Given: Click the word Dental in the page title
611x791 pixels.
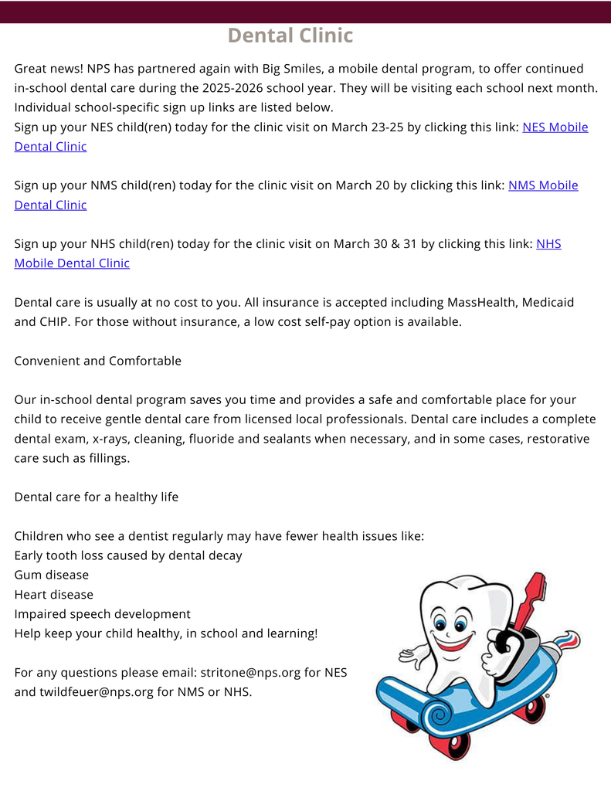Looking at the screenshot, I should [x=260, y=36].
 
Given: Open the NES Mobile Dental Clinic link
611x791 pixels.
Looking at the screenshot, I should [x=555, y=127].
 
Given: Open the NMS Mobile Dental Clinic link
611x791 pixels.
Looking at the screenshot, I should [x=542, y=185].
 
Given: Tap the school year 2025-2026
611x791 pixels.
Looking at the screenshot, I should [x=223, y=88].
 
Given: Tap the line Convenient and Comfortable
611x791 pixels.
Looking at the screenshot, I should [x=98, y=361].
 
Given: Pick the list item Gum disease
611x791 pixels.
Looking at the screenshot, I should [x=52, y=575].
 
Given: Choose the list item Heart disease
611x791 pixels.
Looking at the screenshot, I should [x=54, y=594].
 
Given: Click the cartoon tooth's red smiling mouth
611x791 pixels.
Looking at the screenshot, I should [x=453, y=643].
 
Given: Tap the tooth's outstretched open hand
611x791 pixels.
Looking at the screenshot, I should [x=409, y=657].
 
